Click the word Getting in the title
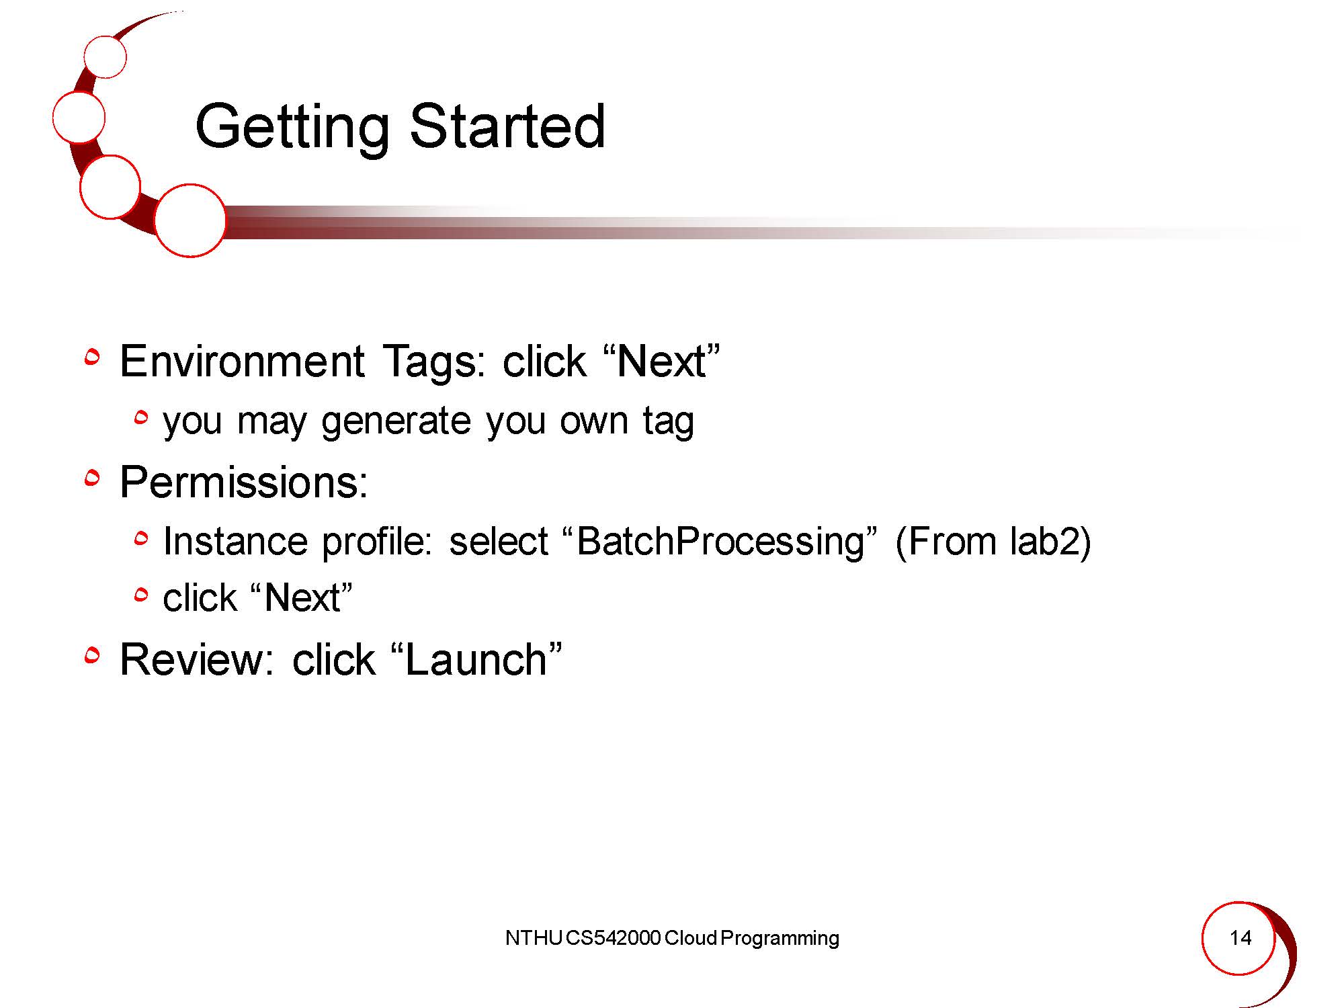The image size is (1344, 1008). (292, 128)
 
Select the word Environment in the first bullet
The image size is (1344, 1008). (243, 361)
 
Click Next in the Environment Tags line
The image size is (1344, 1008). (662, 361)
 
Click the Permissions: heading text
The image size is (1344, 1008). (244, 482)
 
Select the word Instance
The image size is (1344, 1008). (236, 541)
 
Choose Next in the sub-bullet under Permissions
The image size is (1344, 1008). (302, 598)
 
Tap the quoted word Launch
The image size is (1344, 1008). (476, 659)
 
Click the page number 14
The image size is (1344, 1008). (1241, 937)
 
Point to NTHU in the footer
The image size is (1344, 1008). (534, 938)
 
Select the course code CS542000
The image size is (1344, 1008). (613, 938)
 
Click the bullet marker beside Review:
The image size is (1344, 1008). (92, 655)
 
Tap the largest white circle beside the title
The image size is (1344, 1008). (190, 220)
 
